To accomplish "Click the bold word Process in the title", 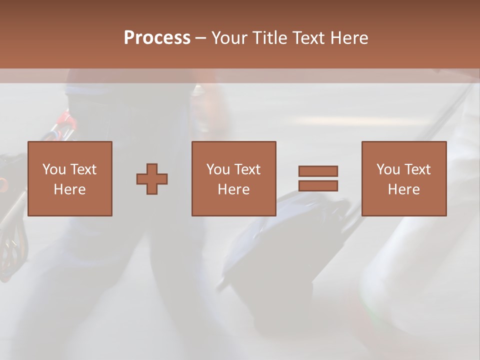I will (157, 38).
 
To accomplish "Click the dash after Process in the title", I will (201, 38).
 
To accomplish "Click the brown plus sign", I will (152, 178).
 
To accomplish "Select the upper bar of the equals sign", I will (318, 171).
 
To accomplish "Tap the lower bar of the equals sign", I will (318, 185).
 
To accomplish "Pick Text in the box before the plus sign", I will (82, 169).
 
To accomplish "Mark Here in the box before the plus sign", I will (69, 189).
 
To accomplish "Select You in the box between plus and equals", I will (218, 169).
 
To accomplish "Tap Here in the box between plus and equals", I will (233, 189).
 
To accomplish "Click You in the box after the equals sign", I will (388, 169).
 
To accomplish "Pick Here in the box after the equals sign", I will (403, 189).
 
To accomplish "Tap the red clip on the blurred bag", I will (63, 118).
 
